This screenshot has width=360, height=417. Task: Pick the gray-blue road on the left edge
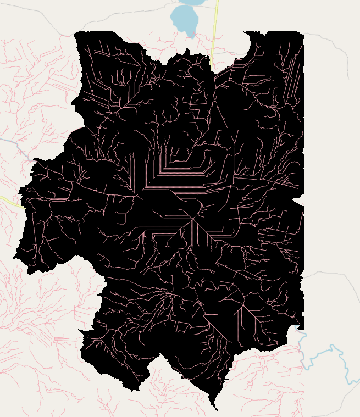pos(16,146)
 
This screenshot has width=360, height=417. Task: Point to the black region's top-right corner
pos(303,32)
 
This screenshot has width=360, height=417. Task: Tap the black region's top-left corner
pos(75,33)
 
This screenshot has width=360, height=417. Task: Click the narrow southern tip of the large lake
pos(191,34)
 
